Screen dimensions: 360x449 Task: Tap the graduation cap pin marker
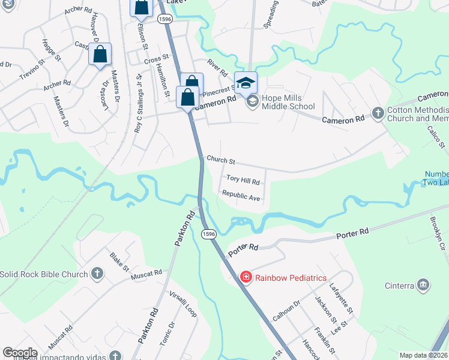(246, 82)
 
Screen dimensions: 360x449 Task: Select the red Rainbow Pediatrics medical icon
(246, 277)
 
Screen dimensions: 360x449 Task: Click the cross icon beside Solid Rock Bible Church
(97, 275)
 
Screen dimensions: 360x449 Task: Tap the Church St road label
(220, 160)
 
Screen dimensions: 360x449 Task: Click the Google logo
(20, 353)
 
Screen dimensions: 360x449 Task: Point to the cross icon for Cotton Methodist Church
(378, 112)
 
